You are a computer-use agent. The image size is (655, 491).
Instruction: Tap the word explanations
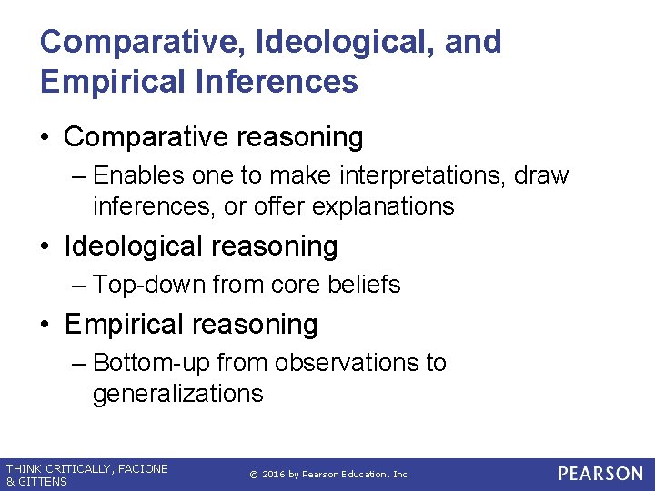point(383,206)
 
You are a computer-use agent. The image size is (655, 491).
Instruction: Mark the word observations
point(345,363)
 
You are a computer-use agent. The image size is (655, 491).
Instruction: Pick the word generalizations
point(177,394)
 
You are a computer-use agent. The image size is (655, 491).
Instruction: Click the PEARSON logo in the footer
point(600,474)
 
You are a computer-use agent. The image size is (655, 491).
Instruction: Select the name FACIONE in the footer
point(142,469)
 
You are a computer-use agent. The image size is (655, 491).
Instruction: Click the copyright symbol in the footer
point(253,475)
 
